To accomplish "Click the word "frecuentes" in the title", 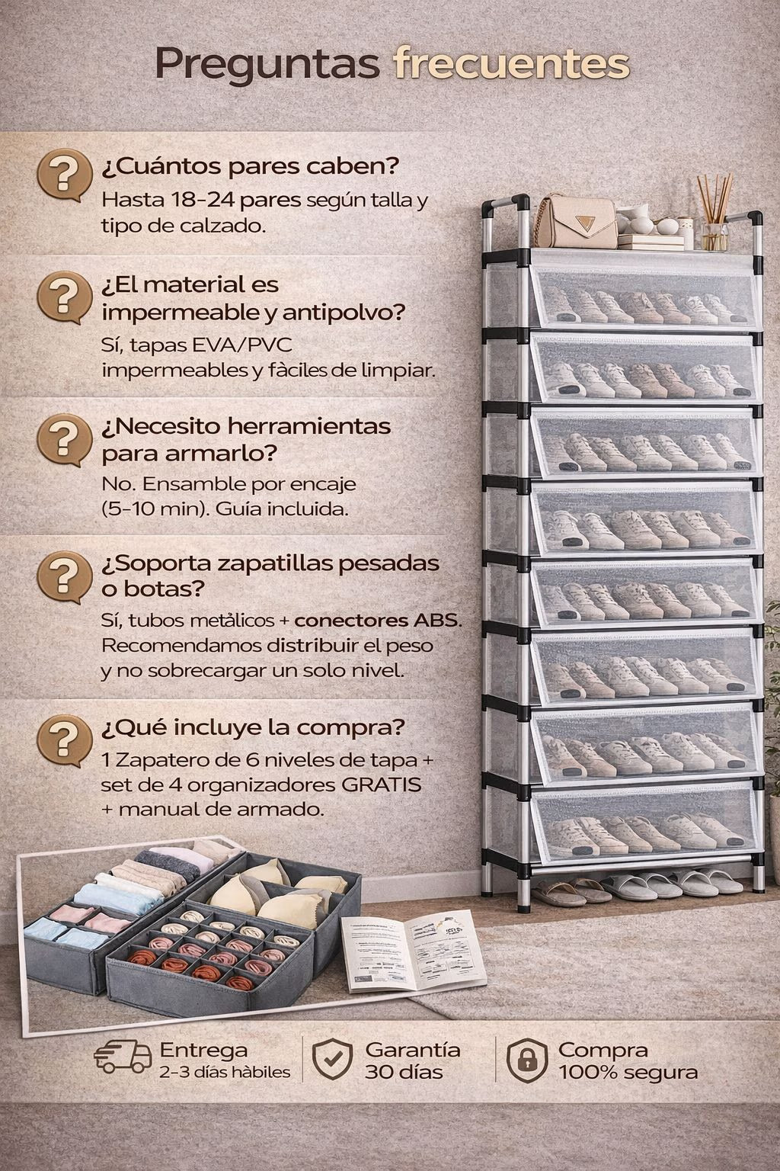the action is [x=511, y=64].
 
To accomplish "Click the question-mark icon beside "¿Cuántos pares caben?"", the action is [x=64, y=175].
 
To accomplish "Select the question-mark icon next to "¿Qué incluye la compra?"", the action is [x=64, y=741].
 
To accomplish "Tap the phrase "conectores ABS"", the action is [x=377, y=621].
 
